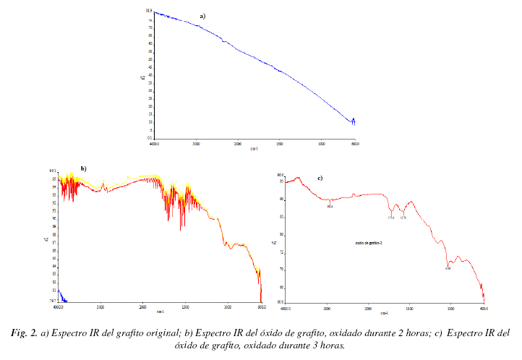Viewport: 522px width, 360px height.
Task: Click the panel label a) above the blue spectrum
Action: click(203, 15)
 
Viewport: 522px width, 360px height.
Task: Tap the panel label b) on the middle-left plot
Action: click(84, 168)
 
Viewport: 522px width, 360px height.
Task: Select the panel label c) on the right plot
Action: click(320, 178)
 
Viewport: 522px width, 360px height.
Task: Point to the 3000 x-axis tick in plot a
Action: click(196, 144)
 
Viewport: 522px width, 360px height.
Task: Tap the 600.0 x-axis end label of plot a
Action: click(354, 144)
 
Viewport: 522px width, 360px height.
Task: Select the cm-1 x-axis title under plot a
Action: click(254, 149)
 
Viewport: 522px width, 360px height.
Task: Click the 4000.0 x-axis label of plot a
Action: click(154, 144)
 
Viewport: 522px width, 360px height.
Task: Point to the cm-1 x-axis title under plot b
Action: click(159, 312)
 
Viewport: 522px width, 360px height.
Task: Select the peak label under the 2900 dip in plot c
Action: click(330, 207)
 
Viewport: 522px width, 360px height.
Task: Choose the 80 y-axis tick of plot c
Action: click(281, 234)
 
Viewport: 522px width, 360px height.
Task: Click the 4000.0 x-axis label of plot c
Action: click(286, 307)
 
